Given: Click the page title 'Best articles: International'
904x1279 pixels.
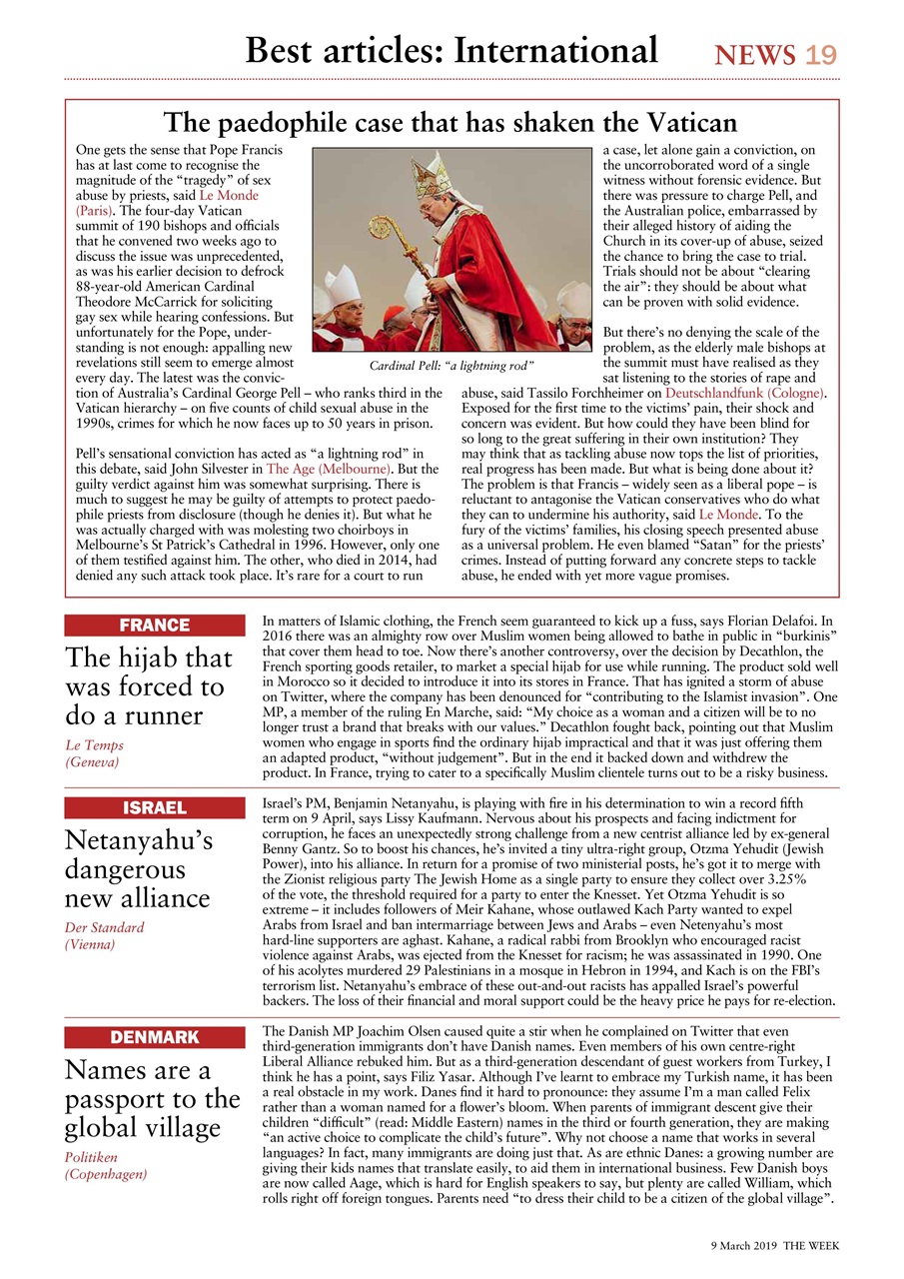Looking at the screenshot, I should pyautogui.click(x=452, y=49).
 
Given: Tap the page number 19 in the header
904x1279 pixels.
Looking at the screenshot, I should pyautogui.click(x=820, y=55).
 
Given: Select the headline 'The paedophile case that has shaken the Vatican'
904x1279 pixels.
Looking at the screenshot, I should pyautogui.click(x=451, y=123).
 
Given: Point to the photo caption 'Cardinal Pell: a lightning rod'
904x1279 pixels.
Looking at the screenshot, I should pyautogui.click(x=452, y=367).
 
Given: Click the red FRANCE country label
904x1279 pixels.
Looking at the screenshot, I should pyautogui.click(x=154, y=626).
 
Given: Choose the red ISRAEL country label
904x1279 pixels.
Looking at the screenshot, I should pyautogui.click(x=154, y=807).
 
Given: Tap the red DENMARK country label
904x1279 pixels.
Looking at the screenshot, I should pyautogui.click(x=154, y=1037).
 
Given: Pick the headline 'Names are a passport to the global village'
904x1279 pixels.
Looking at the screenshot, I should pyautogui.click(x=152, y=1099).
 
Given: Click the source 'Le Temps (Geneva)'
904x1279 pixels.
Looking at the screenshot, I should pyautogui.click(x=96, y=753).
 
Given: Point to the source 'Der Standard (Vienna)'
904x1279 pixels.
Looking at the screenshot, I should pyautogui.click(x=104, y=935).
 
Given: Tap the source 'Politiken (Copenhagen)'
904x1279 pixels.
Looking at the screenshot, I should pyautogui.click(x=106, y=1165).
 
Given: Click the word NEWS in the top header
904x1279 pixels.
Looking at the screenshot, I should pyautogui.click(x=755, y=55).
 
